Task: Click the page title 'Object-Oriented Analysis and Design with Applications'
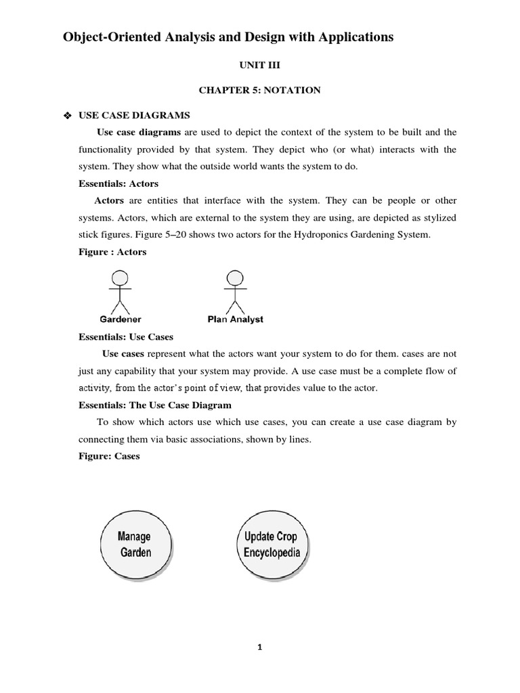[x=227, y=37]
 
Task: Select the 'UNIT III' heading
[x=259, y=66]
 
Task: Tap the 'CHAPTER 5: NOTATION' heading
[x=259, y=90]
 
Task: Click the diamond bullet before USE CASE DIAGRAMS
[x=66, y=116]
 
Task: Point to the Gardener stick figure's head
[x=120, y=277]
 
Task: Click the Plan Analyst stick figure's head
[x=235, y=277]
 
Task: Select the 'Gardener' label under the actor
[x=121, y=319]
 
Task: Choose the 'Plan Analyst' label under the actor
[x=235, y=319]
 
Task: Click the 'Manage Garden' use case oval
[x=135, y=544]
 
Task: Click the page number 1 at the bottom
[x=259, y=647]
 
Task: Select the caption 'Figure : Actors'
[x=112, y=252]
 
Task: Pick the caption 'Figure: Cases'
[x=109, y=456]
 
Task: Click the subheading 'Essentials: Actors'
[x=118, y=183]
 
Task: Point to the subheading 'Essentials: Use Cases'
[x=126, y=336]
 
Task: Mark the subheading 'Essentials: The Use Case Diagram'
[x=155, y=405]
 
